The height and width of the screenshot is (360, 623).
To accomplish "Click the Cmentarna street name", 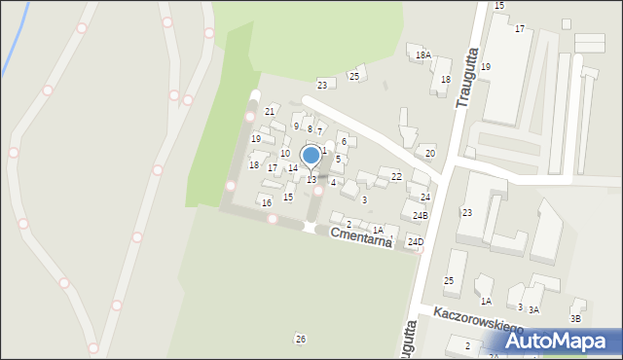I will [x=360, y=237].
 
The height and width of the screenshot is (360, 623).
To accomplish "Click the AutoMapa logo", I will [x=563, y=341].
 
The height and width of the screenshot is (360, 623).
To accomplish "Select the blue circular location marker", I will [x=311, y=156].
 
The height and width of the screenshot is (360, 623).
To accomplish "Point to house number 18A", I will [x=422, y=55].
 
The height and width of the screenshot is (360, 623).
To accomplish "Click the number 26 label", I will [x=301, y=339].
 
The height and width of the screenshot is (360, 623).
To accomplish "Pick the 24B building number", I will [x=420, y=215].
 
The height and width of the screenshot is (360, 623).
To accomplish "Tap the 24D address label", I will [x=416, y=241].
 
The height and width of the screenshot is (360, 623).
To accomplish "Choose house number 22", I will [x=396, y=176].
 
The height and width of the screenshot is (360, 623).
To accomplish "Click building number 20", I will [x=429, y=154].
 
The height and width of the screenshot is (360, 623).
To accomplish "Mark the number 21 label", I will [x=270, y=112].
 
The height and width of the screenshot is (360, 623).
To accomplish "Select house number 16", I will [x=266, y=202].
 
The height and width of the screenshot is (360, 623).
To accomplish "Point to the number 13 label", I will [x=311, y=180].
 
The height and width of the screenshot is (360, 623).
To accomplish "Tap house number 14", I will [x=292, y=168].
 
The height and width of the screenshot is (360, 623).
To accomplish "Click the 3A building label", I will [x=533, y=309].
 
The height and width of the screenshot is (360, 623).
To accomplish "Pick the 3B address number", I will [x=575, y=318].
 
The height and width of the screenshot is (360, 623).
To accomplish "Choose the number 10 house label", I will [x=285, y=153].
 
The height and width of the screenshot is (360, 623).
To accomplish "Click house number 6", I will [x=343, y=142].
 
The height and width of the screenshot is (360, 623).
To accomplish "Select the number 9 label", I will [x=296, y=126].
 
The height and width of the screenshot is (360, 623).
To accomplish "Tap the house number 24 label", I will [x=425, y=198].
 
